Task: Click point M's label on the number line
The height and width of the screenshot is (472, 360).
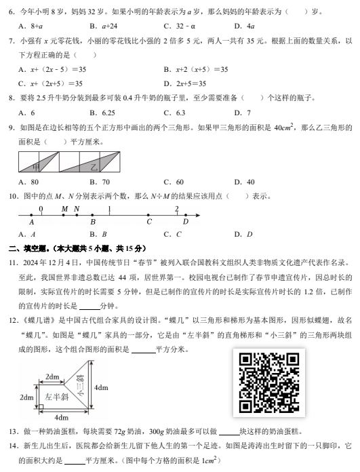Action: (64, 209)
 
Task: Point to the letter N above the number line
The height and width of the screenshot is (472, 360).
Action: (77, 209)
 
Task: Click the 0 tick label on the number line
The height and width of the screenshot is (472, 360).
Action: (41, 209)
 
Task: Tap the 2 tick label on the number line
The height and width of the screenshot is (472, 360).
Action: (177, 209)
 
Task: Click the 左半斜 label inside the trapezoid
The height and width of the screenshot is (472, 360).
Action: (55, 395)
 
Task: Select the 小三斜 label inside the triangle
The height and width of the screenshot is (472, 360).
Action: (79, 387)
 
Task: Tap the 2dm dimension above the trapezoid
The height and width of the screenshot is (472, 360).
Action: (51, 376)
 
